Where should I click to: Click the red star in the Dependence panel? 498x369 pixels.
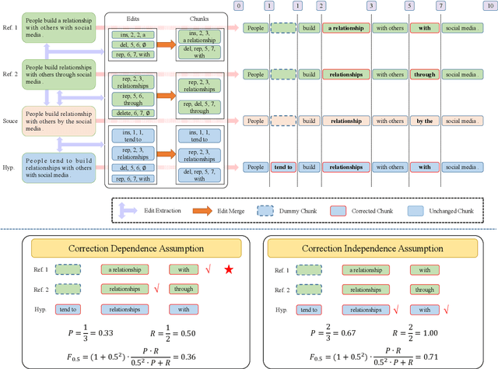(x=228, y=269)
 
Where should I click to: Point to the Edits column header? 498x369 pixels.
(x=134, y=16)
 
